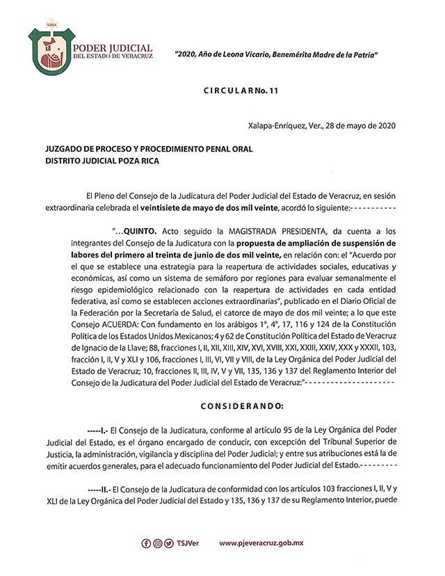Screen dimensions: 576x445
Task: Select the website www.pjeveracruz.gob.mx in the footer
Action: tap(261, 543)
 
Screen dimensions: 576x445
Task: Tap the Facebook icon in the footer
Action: tap(146, 543)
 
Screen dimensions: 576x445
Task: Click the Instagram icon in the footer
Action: tap(158, 543)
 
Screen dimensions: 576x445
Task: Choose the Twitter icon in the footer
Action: tap(170, 543)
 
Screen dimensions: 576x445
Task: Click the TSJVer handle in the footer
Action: tap(188, 543)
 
